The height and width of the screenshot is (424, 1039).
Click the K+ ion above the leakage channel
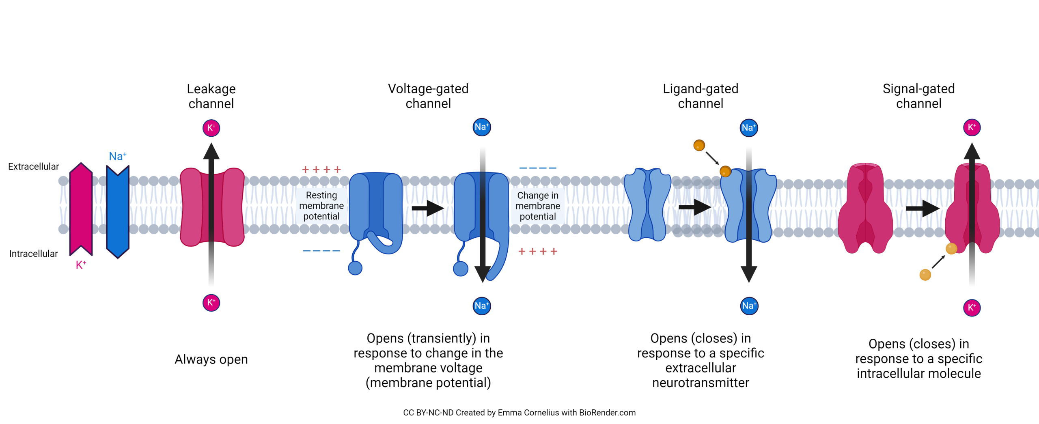(x=211, y=128)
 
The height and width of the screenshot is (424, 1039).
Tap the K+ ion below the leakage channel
(x=211, y=303)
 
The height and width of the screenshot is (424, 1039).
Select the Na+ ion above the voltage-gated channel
(x=482, y=127)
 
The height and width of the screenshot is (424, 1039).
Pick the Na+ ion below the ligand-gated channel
(x=749, y=306)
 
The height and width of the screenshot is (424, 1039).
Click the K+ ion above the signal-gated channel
(x=972, y=127)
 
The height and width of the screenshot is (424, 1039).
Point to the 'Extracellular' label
(x=33, y=166)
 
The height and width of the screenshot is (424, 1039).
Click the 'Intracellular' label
(x=33, y=254)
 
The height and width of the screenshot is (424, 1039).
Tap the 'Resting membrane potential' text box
(x=321, y=206)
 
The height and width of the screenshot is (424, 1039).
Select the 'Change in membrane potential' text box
(x=537, y=206)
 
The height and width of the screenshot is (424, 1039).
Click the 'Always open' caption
(x=211, y=359)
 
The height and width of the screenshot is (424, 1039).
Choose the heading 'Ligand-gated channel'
(x=700, y=96)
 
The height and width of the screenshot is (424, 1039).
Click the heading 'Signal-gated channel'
(x=918, y=96)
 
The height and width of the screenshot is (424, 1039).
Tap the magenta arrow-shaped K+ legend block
(x=81, y=209)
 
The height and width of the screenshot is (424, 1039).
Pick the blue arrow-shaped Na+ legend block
(x=118, y=211)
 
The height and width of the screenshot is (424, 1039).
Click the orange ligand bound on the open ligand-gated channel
(x=725, y=171)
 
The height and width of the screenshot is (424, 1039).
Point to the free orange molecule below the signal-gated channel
(x=925, y=275)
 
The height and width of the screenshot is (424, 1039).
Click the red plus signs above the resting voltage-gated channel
(x=321, y=170)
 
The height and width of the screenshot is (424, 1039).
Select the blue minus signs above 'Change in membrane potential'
(x=537, y=168)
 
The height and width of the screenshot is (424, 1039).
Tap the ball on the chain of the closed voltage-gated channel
(x=355, y=268)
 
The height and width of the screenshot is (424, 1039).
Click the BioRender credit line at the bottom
(x=519, y=412)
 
